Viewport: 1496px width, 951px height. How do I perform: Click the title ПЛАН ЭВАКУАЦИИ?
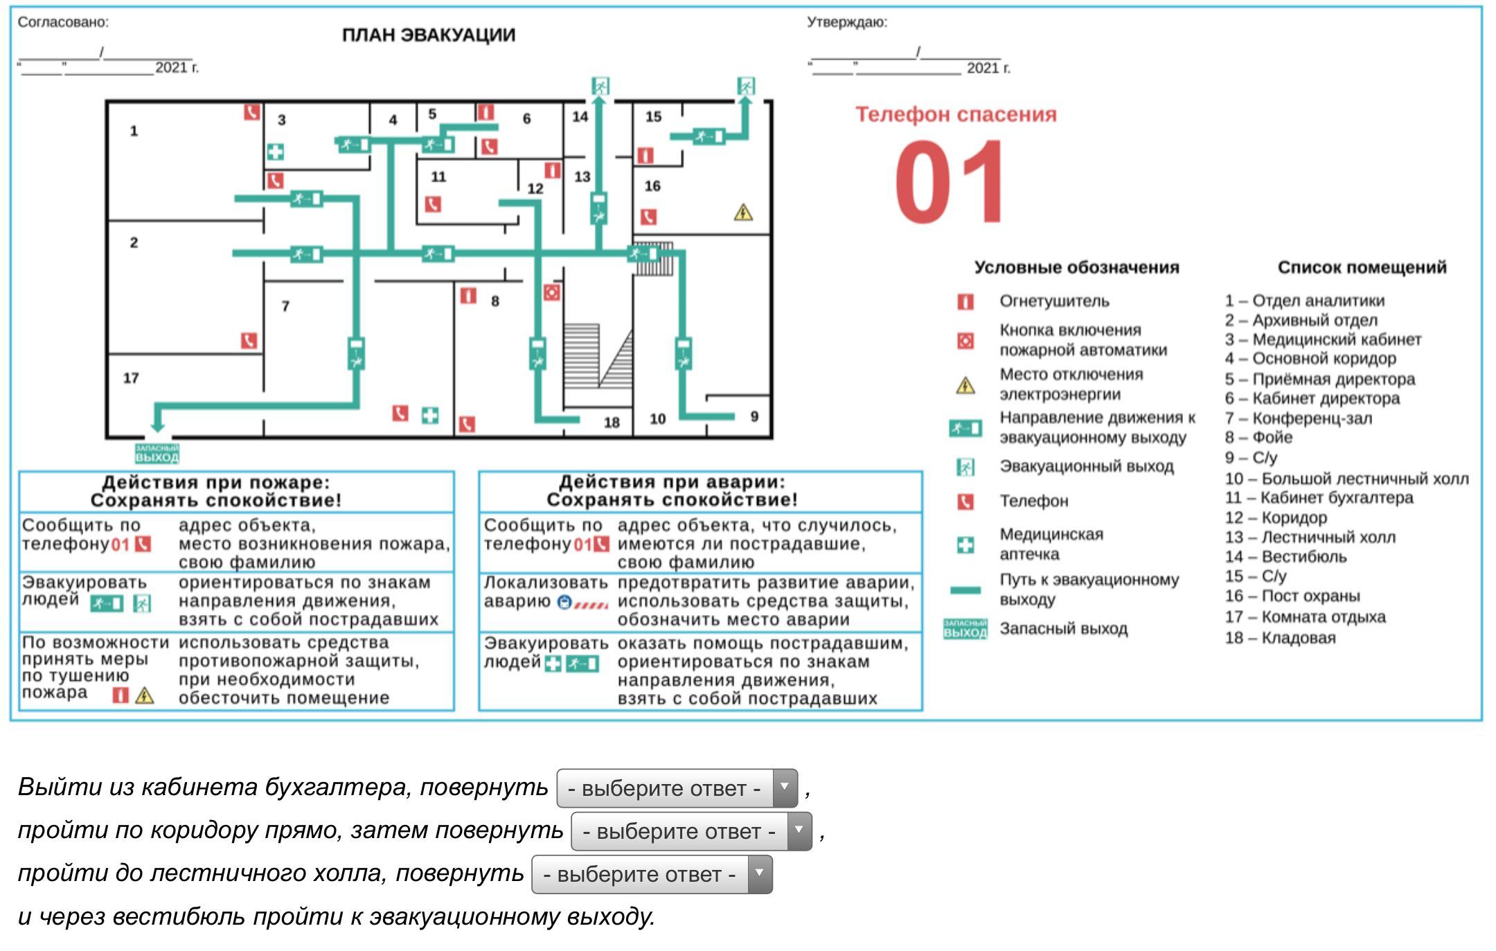coord(429,35)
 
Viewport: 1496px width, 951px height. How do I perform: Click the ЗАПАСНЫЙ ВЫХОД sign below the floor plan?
coord(157,454)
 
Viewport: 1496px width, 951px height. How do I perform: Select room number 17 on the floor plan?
coord(131,378)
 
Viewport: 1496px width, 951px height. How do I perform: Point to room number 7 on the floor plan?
coord(285,305)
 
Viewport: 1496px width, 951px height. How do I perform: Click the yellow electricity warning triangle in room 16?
coord(743,212)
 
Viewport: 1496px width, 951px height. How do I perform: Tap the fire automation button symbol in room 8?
coord(551,292)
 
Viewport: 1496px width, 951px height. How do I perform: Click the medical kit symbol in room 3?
coord(275,152)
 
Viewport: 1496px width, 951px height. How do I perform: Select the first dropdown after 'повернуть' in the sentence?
coord(677,788)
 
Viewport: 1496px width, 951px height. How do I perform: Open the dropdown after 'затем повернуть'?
coord(691,831)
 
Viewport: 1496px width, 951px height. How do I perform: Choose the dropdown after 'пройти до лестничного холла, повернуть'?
coord(652,874)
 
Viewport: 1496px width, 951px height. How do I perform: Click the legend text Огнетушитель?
coord(1054,301)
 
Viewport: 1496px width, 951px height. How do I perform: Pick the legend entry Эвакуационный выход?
coord(1086,466)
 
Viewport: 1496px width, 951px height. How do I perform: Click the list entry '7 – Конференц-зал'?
coord(1298,418)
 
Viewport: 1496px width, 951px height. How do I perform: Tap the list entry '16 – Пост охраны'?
coord(1292,596)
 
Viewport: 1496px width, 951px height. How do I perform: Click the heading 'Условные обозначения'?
coord(1076,267)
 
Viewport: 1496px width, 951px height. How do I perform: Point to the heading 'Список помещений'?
coord(1362,267)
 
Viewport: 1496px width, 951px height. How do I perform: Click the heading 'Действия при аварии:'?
coord(672,482)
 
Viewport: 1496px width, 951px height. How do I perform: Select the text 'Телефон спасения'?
coord(956,115)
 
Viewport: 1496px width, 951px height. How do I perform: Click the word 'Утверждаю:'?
coord(846,22)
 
